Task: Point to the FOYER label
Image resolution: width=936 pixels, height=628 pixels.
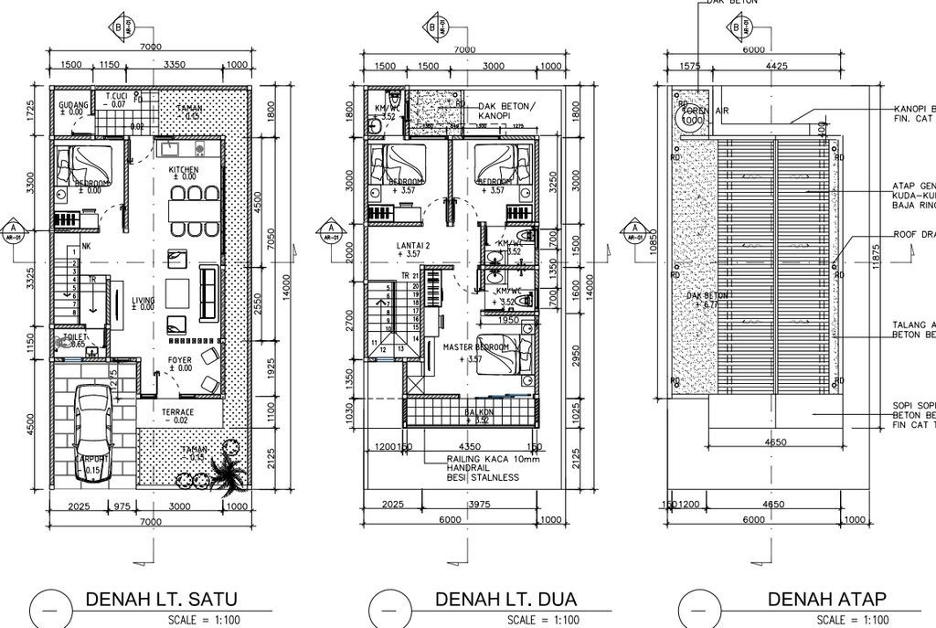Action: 180,360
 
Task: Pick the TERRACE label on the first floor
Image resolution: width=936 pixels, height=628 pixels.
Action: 178,412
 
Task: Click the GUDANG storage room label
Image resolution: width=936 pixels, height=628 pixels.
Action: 73,105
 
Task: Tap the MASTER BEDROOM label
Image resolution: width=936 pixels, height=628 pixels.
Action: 475,348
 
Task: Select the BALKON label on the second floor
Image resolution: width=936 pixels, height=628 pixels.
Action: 479,412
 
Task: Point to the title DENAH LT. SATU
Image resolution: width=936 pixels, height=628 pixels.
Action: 161,600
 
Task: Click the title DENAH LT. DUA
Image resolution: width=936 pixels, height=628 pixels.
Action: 499,600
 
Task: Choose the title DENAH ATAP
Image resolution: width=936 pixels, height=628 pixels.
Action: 826,600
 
